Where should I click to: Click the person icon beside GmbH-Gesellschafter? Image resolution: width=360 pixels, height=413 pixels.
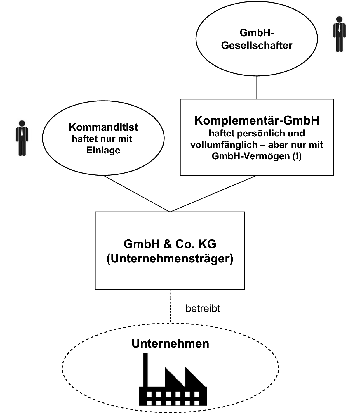339,34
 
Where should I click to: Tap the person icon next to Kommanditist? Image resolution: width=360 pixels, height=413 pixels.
22,138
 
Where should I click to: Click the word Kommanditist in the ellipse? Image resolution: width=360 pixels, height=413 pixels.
103,127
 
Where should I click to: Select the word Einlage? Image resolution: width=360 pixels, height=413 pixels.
103,150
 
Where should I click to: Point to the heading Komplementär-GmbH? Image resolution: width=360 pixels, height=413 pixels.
257,120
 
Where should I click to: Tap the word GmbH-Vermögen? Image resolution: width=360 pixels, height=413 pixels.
251,156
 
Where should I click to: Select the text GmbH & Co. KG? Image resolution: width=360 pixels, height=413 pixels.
170,244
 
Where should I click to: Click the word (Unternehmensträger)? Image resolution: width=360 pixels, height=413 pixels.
170,259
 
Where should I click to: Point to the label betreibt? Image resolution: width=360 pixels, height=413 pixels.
203,308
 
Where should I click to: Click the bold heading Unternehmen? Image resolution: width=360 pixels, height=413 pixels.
170,343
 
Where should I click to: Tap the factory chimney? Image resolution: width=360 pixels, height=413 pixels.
145,370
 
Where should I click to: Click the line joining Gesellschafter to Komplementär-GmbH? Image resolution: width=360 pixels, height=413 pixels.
257,87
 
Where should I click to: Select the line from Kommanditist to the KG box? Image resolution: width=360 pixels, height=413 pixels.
137,193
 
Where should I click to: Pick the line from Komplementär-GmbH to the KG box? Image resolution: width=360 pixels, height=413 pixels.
213,193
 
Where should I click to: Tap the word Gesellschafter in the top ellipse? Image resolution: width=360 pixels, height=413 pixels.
257,46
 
